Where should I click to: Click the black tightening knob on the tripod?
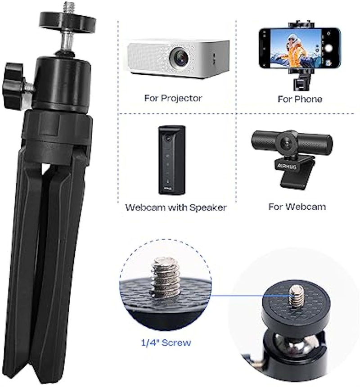14,86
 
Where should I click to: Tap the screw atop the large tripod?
69,7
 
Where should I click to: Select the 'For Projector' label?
173,98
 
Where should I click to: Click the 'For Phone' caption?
300,99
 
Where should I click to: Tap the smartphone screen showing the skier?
296,49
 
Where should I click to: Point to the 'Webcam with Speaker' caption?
175,207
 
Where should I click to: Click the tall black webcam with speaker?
172,160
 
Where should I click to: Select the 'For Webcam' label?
297,207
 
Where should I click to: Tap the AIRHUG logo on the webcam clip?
287,166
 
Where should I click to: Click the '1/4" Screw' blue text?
166,342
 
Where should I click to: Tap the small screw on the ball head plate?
297,296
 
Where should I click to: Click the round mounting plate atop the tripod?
67,20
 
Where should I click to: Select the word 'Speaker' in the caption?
208,208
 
